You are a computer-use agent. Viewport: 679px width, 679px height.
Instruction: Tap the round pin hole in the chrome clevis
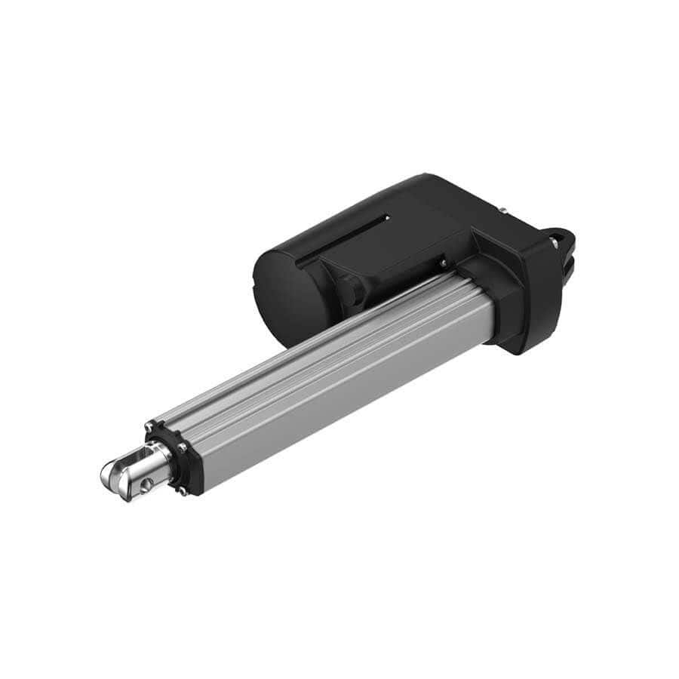point(146,482)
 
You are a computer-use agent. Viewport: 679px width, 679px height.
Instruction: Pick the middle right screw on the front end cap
point(183,447)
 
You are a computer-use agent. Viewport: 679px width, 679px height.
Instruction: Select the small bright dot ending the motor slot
point(388,218)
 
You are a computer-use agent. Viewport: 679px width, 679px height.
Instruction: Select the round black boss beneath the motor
point(352,290)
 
